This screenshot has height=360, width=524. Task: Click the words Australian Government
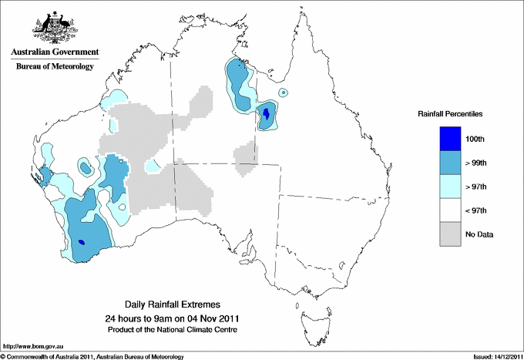(x=54, y=52)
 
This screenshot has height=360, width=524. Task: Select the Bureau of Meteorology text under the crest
(x=54, y=66)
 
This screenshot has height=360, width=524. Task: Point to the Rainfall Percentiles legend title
(x=450, y=113)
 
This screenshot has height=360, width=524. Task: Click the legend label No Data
(x=479, y=234)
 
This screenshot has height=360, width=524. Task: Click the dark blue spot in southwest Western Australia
(x=82, y=244)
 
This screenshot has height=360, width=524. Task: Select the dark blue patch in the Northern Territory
(x=267, y=116)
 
